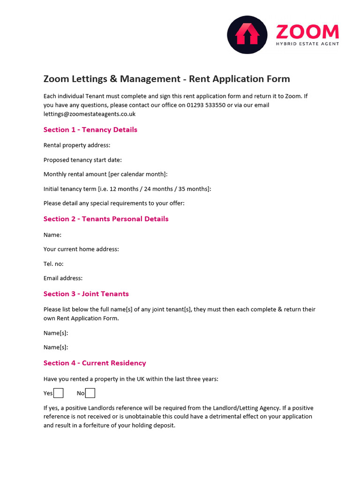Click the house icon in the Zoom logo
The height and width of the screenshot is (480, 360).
pyautogui.click(x=247, y=35)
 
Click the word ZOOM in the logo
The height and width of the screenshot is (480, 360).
pyautogui.click(x=307, y=32)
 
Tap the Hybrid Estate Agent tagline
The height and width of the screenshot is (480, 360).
pyautogui.click(x=307, y=44)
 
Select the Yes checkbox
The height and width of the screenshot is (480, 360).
pyautogui.click(x=59, y=393)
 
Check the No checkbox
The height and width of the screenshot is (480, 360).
pyautogui.click(x=90, y=393)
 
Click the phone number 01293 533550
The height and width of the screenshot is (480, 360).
pyautogui.click(x=206, y=105)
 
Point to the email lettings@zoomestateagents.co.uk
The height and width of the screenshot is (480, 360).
pyautogui.click(x=90, y=114)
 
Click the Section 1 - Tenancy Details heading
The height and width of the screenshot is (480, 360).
pyautogui.click(x=90, y=130)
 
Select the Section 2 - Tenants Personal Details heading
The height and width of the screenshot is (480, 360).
pyautogui.click(x=106, y=219)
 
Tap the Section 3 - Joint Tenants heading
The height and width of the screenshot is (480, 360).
pyautogui.click(x=86, y=294)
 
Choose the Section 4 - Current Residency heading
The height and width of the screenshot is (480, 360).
pyautogui.click(x=95, y=363)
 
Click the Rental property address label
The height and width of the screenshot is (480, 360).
pyautogui.click(x=77, y=145)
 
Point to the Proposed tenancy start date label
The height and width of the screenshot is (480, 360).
pyautogui.click(x=82, y=160)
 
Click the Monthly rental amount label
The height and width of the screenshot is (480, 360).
pyautogui.click(x=105, y=174)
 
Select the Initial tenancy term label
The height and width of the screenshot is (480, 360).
pyautogui.click(x=127, y=189)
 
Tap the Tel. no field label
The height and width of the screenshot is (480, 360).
pyautogui.click(x=53, y=264)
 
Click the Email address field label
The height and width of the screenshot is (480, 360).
pyautogui.click(x=63, y=278)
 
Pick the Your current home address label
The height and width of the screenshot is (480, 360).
pyautogui.click(x=81, y=249)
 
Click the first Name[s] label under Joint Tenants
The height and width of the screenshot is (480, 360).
pyautogui.click(x=56, y=333)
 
